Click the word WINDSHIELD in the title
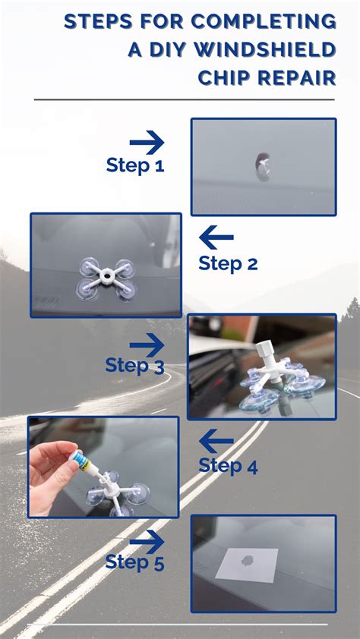[x=264, y=50]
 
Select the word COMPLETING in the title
[x=264, y=21]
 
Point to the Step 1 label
[x=135, y=165]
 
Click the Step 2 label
[x=228, y=263]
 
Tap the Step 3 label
[x=135, y=365]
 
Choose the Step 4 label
[x=228, y=466]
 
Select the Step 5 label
[x=135, y=562]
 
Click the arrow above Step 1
[x=147, y=143]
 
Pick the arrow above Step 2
[x=216, y=238]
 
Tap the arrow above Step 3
[x=147, y=345]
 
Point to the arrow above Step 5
[x=147, y=542]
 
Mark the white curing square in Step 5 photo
[x=247, y=565]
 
